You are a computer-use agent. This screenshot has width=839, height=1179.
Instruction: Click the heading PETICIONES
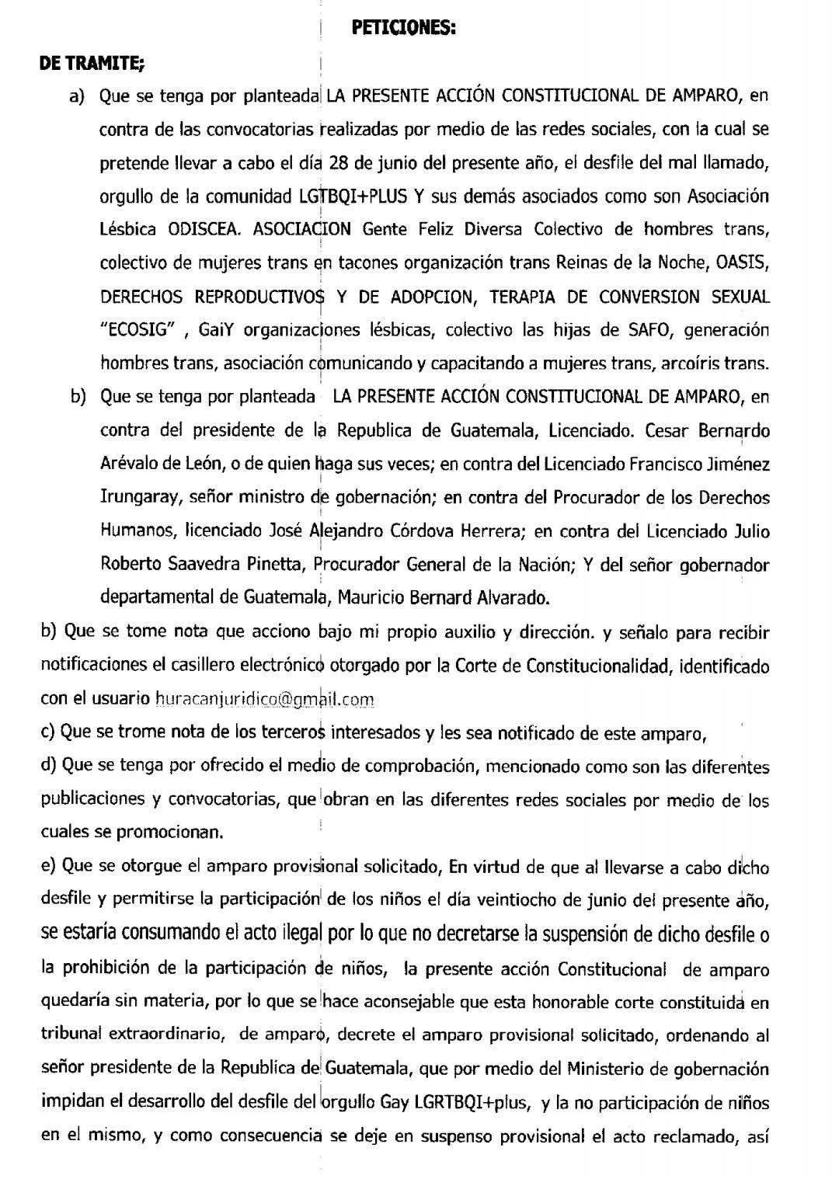403,28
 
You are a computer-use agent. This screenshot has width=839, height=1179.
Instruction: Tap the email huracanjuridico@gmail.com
265,699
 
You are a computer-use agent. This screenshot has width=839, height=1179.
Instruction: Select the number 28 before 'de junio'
339,163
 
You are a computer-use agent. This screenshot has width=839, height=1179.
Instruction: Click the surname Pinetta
274,564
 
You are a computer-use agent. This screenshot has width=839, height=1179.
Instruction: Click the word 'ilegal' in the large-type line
294,934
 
